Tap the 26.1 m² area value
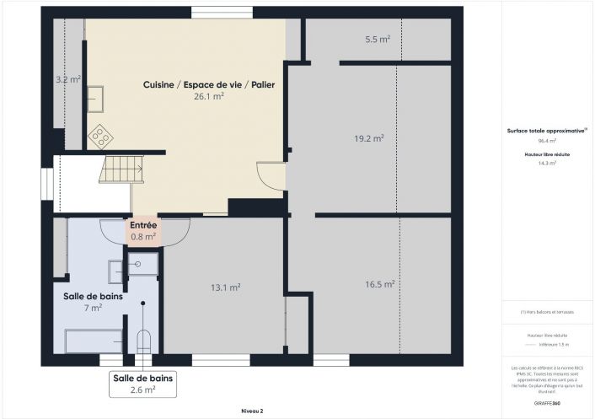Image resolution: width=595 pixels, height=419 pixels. [208, 97]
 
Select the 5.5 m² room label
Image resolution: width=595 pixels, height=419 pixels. [377, 40]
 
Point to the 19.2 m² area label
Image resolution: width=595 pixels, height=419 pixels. [368, 137]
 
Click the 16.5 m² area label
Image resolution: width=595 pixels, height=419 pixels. [379, 285]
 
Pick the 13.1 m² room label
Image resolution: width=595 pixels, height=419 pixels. [225, 287]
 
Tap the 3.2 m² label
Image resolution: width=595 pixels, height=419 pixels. [67, 79]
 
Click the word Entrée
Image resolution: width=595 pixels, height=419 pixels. [143, 226]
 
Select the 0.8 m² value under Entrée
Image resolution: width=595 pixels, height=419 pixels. [143, 237]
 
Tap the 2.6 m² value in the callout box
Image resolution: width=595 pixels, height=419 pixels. [142, 389]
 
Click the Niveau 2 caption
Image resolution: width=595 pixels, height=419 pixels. [251, 411]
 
